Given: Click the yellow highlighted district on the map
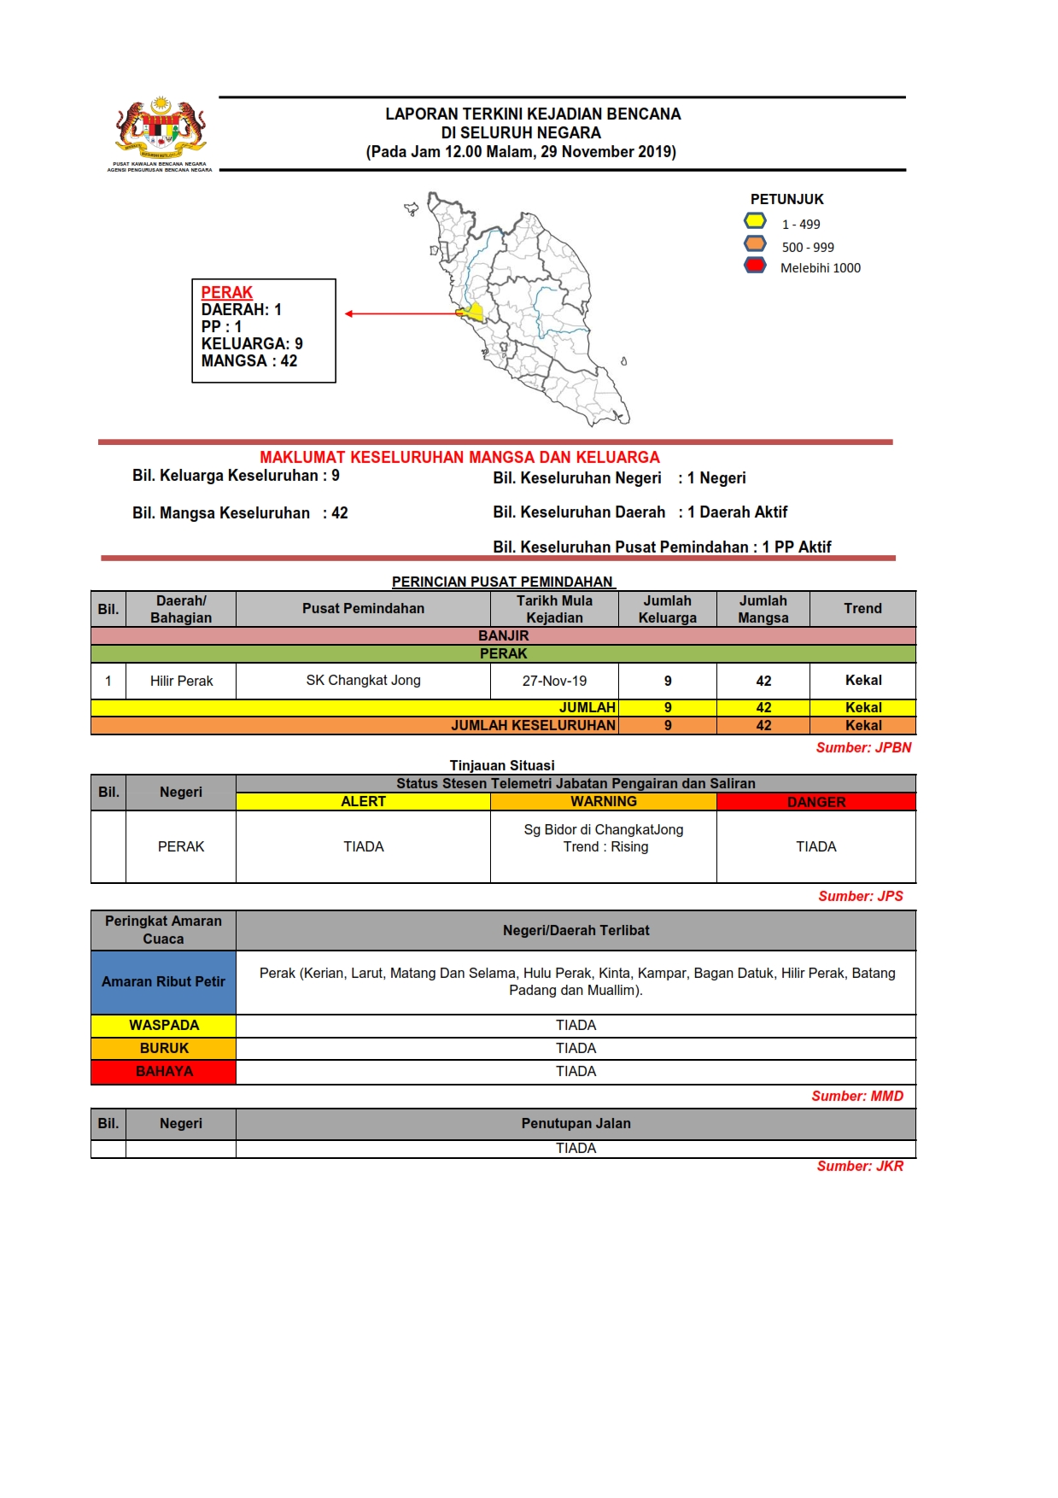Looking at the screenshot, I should [474, 312].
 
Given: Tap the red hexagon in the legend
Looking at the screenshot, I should [755, 266].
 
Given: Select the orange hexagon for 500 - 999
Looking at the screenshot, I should [755, 244].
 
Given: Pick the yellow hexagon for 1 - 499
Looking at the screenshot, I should [755, 221].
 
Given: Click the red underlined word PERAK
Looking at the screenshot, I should [227, 292].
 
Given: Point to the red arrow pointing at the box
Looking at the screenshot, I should [401, 313].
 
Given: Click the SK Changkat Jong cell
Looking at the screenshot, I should [363, 681].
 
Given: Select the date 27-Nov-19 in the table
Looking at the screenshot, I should [554, 681].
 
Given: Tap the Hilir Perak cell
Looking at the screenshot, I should [181, 681].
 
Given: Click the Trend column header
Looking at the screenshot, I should [862, 609].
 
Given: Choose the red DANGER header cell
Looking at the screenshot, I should [815, 802].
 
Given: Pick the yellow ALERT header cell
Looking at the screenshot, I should [363, 802].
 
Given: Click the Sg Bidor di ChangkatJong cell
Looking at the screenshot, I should [604, 839].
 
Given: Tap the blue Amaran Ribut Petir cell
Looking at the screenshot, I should [163, 982].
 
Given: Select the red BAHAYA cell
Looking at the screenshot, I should [163, 1072].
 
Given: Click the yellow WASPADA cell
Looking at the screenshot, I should [163, 1026].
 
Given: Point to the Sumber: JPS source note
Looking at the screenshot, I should [860, 896].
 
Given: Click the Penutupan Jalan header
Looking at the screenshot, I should [576, 1124].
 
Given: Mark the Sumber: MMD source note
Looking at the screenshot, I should [856, 1096].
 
